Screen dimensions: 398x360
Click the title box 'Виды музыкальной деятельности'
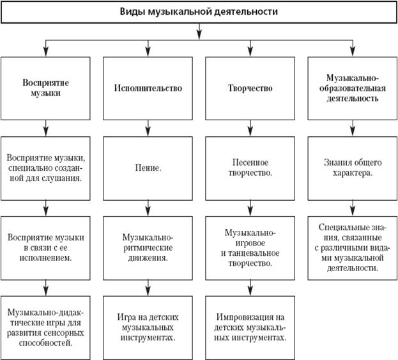(x=199, y=12)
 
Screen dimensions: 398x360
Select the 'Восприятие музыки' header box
(x=45, y=88)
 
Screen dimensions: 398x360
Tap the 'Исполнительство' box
(x=148, y=88)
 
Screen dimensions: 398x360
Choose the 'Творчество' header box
(x=250, y=88)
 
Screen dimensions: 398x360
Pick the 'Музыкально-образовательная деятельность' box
(x=352, y=88)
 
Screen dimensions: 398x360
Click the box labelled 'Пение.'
(x=148, y=168)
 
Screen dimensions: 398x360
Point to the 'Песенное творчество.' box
(x=250, y=168)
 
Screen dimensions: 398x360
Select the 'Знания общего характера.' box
(x=352, y=168)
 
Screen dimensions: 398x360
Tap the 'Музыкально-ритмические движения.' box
(x=148, y=248)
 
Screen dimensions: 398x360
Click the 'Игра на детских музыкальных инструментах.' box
(x=148, y=327)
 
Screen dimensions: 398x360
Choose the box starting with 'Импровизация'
(x=250, y=327)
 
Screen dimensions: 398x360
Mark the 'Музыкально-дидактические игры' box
(x=45, y=327)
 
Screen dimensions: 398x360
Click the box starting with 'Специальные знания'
(x=352, y=248)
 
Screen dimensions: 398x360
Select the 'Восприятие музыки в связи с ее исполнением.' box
(x=45, y=248)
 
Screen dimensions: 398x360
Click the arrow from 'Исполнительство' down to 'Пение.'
(x=148, y=129)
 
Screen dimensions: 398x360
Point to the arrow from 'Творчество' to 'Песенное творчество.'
(x=250, y=129)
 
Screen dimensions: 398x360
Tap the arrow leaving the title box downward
(x=199, y=31)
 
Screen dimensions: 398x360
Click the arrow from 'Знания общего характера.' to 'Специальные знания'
(x=353, y=208)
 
